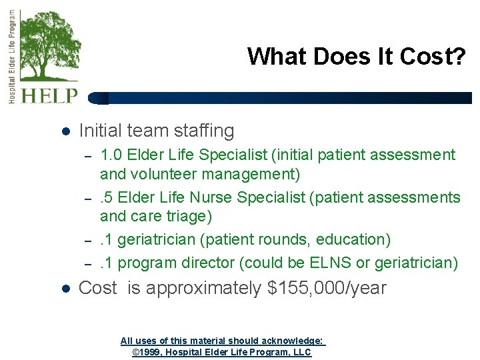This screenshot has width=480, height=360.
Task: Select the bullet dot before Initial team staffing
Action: click(65, 131)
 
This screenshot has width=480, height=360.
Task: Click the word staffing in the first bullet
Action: click(205, 131)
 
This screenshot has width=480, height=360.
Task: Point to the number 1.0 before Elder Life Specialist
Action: click(111, 155)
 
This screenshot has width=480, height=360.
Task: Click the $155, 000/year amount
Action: click(326, 289)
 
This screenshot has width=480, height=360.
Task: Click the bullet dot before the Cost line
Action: click(65, 289)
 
